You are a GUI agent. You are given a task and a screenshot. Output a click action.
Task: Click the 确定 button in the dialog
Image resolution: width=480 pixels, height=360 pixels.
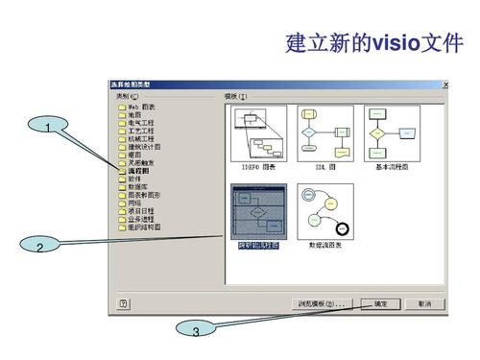[380, 304]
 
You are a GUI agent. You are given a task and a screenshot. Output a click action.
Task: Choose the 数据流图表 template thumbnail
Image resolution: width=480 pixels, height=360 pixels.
[325, 209]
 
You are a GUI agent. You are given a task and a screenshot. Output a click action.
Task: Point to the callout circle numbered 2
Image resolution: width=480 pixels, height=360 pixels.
[40, 248]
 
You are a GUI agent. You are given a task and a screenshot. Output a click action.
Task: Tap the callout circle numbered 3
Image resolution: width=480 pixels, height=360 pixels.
[195, 331]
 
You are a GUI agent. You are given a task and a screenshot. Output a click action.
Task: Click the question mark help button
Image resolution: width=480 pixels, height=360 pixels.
[124, 304]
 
